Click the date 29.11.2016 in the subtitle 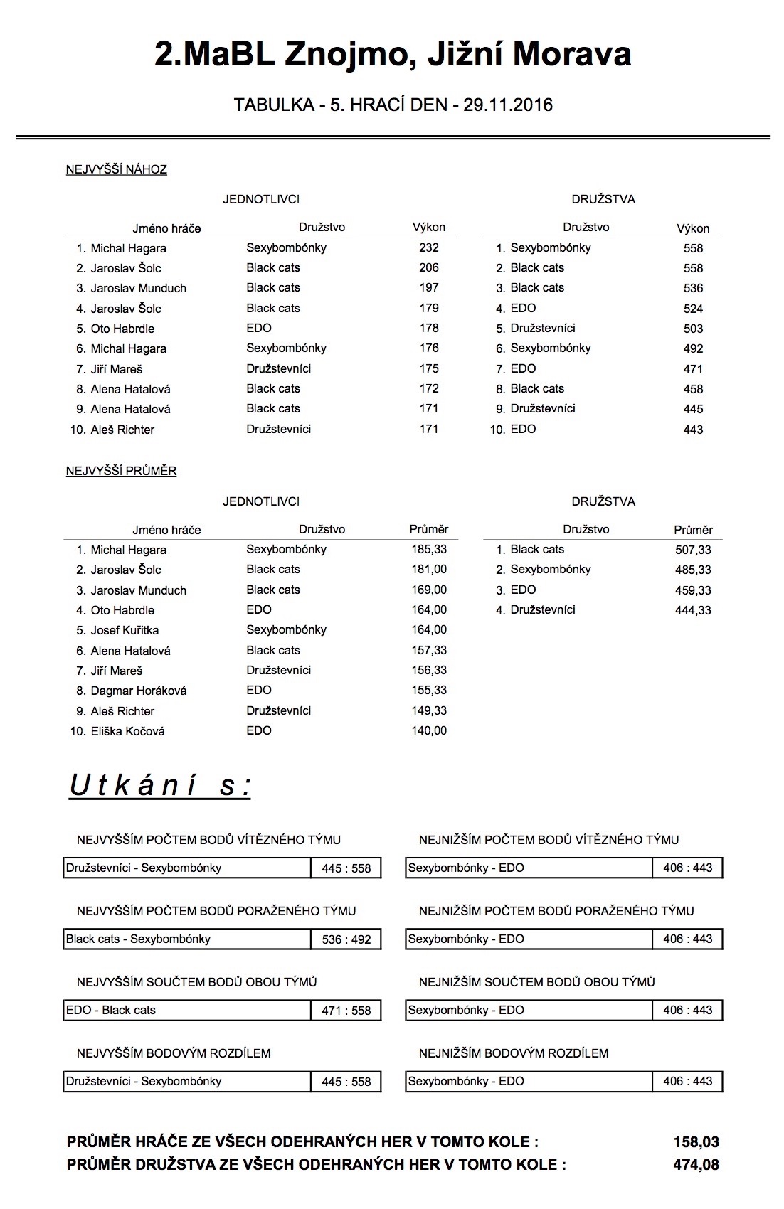(x=507, y=105)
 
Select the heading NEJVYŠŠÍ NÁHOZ (x=116, y=169)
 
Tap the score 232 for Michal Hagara (x=429, y=247)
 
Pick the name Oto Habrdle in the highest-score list (x=122, y=329)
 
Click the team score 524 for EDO (x=693, y=309)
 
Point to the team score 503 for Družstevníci (x=693, y=329)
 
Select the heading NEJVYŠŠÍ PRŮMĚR (x=121, y=471)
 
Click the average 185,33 (x=429, y=549)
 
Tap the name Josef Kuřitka (x=125, y=630)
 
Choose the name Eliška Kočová (x=127, y=731)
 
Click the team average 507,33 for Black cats (x=693, y=550)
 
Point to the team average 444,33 (x=693, y=610)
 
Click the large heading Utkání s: (x=160, y=786)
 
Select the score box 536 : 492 (x=346, y=939)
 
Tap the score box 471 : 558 (x=346, y=1011)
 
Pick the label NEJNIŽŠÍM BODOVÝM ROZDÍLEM (x=514, y=1053)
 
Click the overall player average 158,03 (x=696, y=1142)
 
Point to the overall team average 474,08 (x=696, y=1165)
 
